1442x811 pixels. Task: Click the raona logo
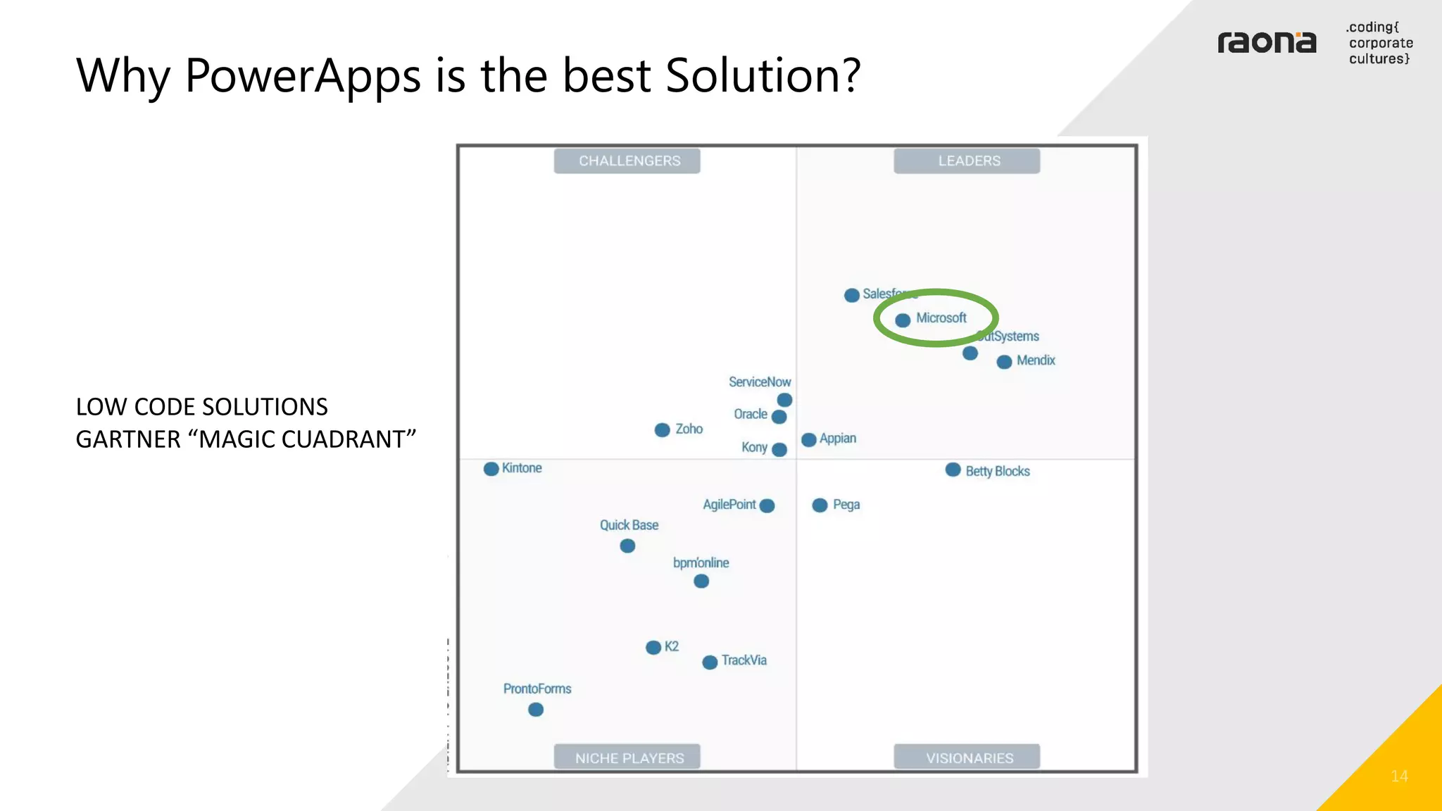pyautogui.click(x=1267, y=43)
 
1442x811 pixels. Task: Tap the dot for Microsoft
pyautogui.click(x=903, y=320)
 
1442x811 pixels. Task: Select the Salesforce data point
pyautogui.click(x=852, y=295)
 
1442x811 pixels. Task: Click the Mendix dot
pyautogui.click(x=1004, y=362)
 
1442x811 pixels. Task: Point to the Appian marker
pyautogui.click(x=809, y=440)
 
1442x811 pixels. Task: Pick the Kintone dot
pyautogui.click(x=491, y=469)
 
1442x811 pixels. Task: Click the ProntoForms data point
pyautogui.click(x=536, y=710)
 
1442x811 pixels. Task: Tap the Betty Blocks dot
pyautogui.click(x=953, y=470)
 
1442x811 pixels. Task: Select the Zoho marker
pyautogui.click(x=662, y=430)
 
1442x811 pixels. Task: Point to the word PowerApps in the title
pyautogui.click(x=303, y=76)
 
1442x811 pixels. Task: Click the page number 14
pyautogui.click(x=1399, y=776)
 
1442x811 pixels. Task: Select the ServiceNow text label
pyautogui.click(x=760, y=382)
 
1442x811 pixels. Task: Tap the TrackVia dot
pyautogui.click(x=710, y=662)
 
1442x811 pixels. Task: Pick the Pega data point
pyautogui.click(x=820, y=505)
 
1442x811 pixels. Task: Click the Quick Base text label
pyautogui.click(x=629, y=525)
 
